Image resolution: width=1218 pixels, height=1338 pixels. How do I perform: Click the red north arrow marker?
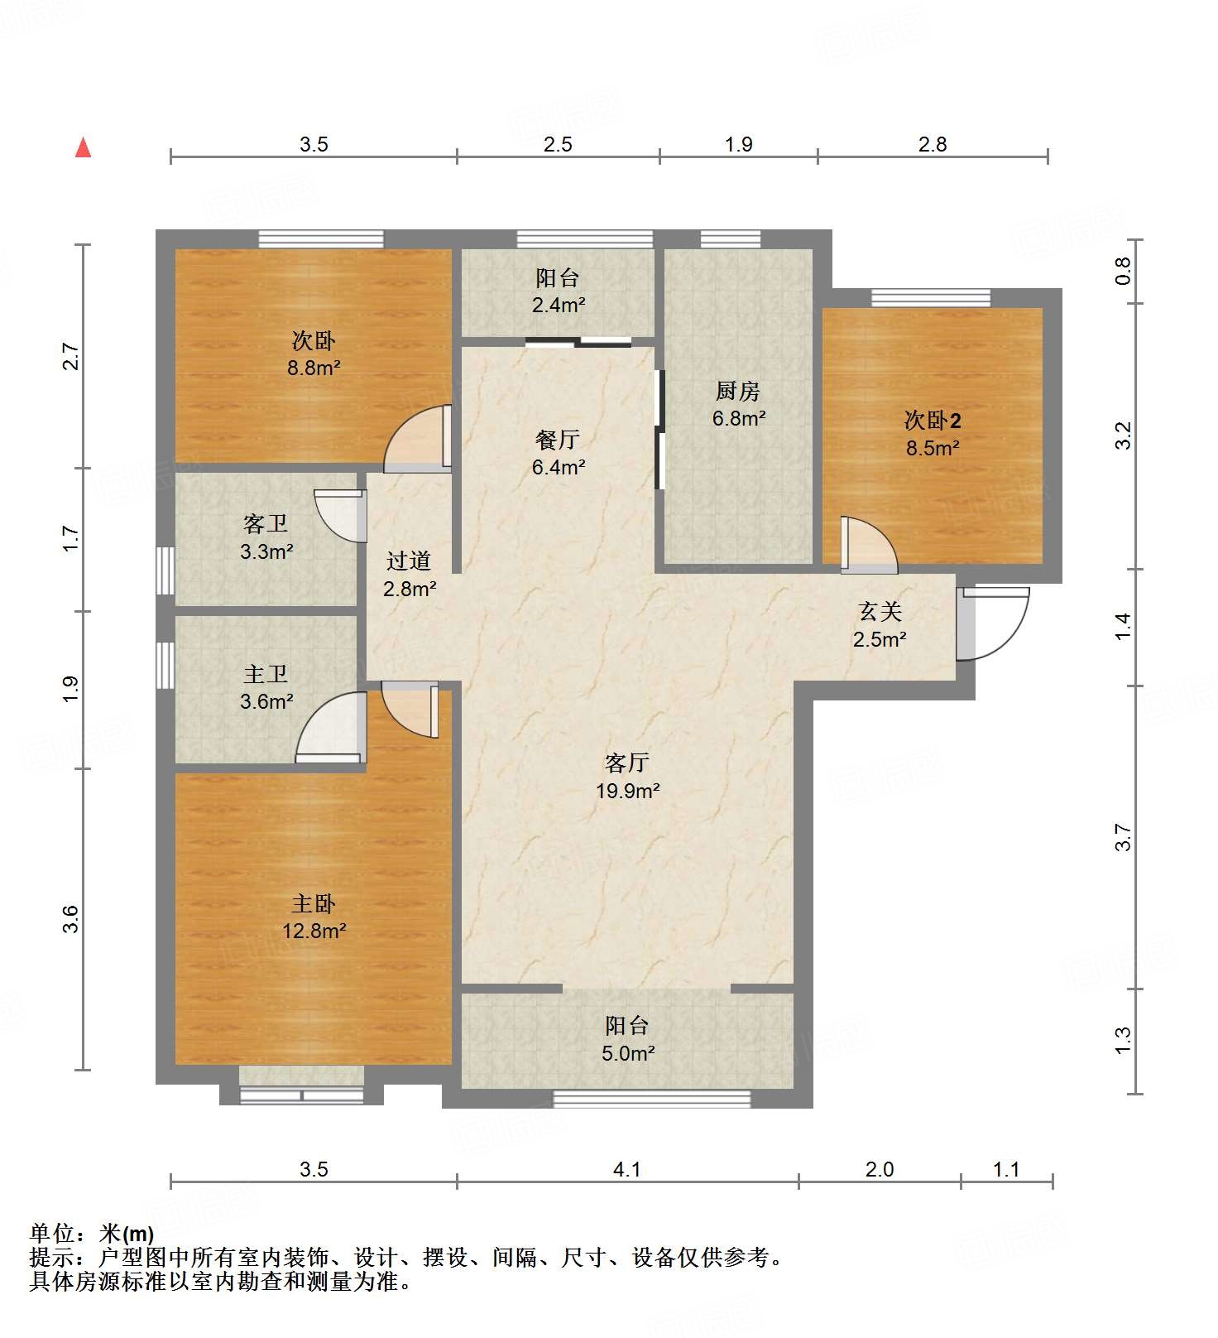tap(83, 148)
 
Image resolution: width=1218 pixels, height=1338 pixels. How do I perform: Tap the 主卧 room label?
tap(314, 903)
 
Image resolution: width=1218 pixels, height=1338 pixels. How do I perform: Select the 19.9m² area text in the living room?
tap(627, 791)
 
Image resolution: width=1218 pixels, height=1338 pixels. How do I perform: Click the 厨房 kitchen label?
tap(737, 391)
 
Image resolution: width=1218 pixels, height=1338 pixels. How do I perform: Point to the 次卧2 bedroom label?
tap(933, 421)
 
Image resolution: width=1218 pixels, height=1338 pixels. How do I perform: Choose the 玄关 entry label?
tap(880, 612)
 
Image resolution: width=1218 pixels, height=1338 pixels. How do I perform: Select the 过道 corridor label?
tap(409, 561)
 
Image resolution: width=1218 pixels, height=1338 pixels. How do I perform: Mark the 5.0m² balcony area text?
tap(628, 1054)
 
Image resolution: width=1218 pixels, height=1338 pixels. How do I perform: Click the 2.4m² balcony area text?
tap(559, 305)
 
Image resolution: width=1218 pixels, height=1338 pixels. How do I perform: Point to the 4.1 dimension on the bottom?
tap(627, 1169)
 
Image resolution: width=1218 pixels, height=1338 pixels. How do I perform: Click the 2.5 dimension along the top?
tap(558, 144)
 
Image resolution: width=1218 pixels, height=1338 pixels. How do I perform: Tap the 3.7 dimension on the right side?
tap(1123, 837)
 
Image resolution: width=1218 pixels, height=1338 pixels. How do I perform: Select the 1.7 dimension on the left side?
tap(71, 539)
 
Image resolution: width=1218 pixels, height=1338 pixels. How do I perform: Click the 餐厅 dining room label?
tap(558, 440)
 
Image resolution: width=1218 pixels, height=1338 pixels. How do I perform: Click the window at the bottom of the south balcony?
tap(651, 1099)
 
